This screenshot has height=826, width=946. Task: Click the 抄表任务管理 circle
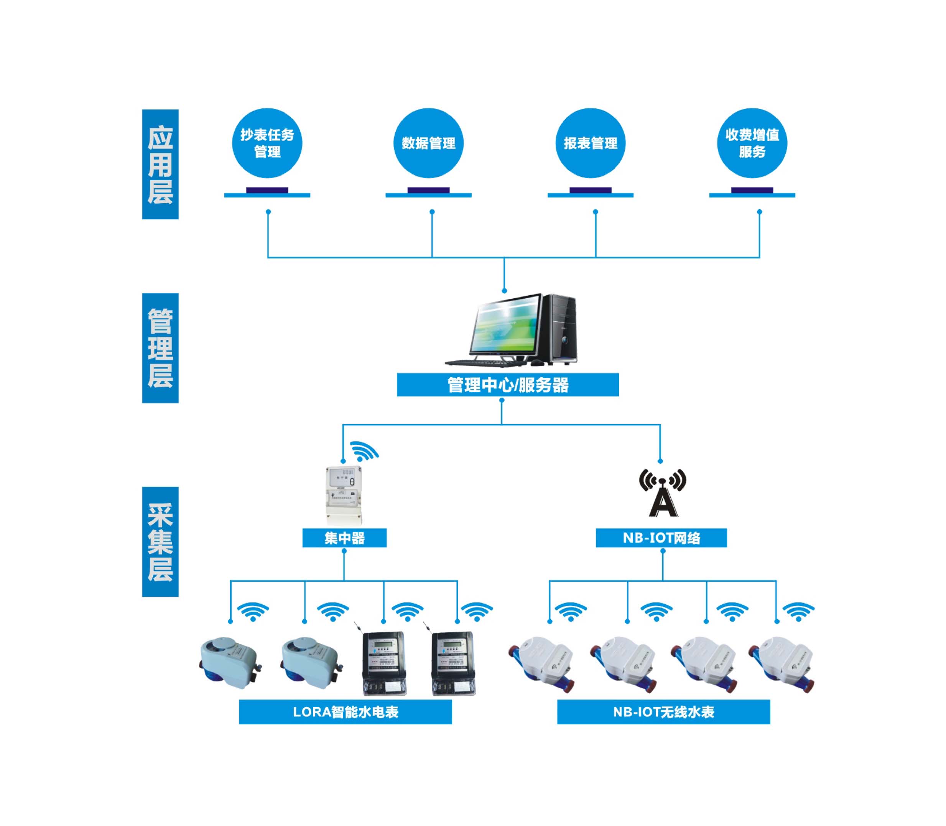[267, 143]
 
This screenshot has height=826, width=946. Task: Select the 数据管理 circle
[428, 143]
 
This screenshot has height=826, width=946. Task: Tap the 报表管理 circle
[590, 143]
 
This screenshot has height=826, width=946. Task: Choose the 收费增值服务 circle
[752, 143]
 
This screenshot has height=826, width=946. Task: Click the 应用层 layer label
[160, 164]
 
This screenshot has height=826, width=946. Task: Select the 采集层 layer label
[160, 541]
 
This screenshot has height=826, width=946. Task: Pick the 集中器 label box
[344, 538]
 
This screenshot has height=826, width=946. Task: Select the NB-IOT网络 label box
[661, 538]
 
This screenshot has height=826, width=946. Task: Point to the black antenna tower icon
[663, 493]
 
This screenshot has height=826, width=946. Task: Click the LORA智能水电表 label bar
[345, 712]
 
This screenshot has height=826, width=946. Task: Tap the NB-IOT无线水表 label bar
[663, 712]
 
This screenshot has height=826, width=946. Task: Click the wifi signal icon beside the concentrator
[364, 452]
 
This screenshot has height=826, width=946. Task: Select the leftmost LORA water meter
[230, 663]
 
